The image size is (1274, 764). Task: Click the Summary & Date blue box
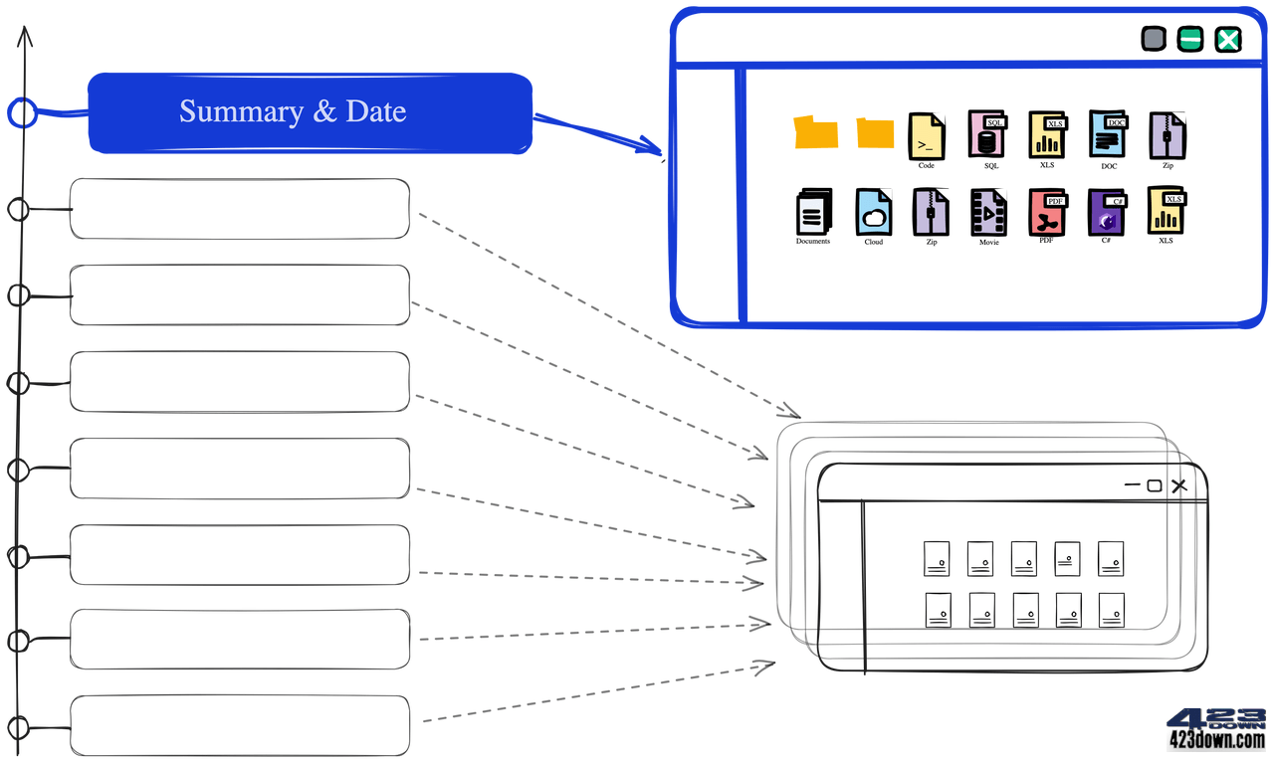click(x=310, y=112)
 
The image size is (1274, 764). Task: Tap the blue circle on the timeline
click(x=22, y=112)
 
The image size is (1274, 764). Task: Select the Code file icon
click(x=926, y=136)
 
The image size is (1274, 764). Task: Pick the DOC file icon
click(x=1107, y=135)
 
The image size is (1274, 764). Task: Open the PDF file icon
click(x=1047, y=212)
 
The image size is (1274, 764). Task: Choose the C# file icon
click(x=1106, y=212)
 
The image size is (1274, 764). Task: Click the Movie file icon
click(x=988, y=213)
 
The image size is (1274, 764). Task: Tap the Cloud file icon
click(x=873, y=212)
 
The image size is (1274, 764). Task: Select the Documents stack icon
click(x=812, y=212)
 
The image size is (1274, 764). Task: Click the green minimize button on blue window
click(x=1190, y=40)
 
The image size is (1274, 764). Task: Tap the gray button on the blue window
click(x=1153, y=40)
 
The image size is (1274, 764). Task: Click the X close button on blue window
click(x=1228, y=40)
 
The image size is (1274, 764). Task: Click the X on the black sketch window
click(x=1179, y=485)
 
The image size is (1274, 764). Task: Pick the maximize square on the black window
click(x=1155, y=485)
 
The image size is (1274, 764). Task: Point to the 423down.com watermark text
click(x=1216, y=740)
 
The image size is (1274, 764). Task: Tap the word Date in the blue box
click(x=376, y=111)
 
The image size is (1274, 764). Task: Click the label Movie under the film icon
click(x=988, y=243)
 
